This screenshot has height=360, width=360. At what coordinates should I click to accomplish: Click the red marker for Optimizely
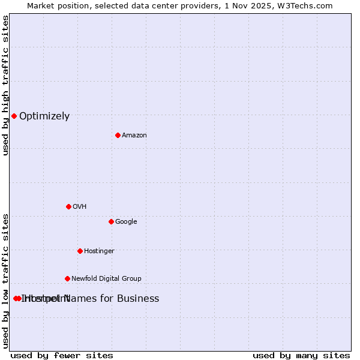pyautogui.click(x=14, y=116)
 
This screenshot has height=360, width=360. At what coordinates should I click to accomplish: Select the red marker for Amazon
pyautogui.click(x=118, y=135)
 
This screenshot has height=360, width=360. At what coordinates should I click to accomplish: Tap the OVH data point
pyautogui.click(x=68, y=206)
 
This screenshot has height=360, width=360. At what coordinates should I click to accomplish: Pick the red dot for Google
pyautogui.click(x=111, y=221)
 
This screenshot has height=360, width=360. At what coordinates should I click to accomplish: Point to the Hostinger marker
pyautogui.click(x=80, y=251)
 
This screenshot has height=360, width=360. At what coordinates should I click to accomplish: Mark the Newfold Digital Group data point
pyautogui.click(x=67, y=278)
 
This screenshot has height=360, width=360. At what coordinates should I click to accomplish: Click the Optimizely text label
pyautogui.click(x=44, y=116)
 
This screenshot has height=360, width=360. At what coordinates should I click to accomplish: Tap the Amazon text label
pyautogui.click(x=134, y=136)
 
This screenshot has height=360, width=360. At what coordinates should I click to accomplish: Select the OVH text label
pyautogui.click(x=80, y=207)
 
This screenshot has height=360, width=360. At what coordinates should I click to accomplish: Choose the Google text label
pyautogui.click(x=126, y=222)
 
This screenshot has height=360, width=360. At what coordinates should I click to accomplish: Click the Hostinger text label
pyautogui.click(x=99, y=251)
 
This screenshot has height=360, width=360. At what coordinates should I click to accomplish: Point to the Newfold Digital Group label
pyautogui.click(x=106, y=279)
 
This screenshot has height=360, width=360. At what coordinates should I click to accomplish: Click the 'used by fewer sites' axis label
pyautogui.click(x=62, y=355)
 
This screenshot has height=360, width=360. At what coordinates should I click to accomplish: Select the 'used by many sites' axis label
pyautogui.click(x=301, y=355)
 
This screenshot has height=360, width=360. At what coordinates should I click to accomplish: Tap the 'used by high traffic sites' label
pyautogui.click(x=5, y=85)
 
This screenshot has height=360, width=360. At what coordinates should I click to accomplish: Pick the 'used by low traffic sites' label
pyautogui.click(x=5, y=281)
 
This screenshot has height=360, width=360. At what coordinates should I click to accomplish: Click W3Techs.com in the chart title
pyautogui.click(x=310, y=5)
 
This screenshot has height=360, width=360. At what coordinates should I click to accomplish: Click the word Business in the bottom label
pyautogui.click(x=138, y=299)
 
